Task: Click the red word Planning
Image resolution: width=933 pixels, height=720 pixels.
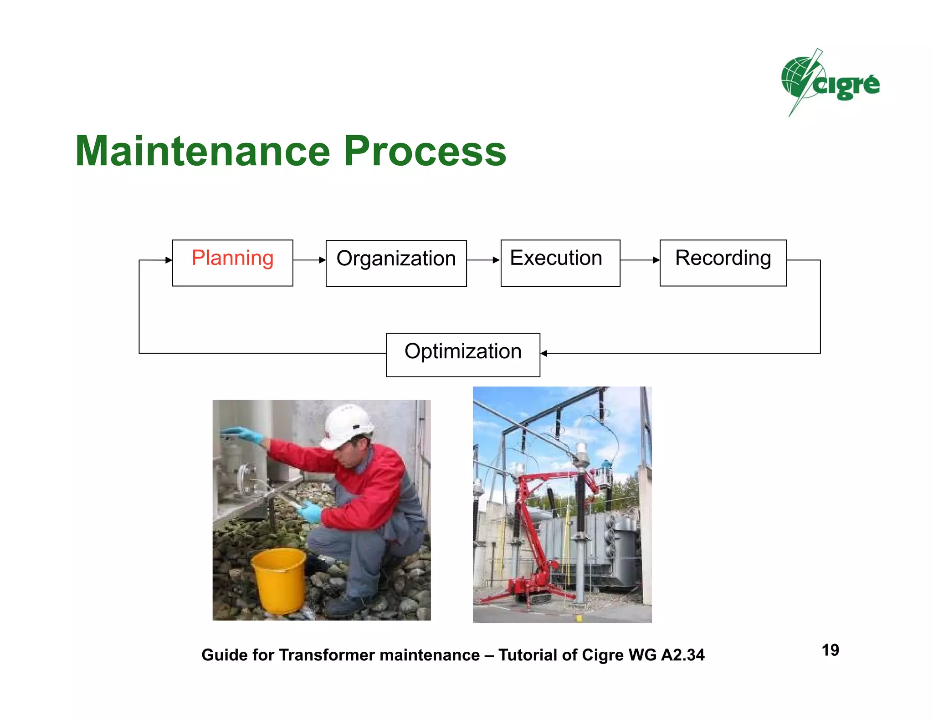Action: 232,258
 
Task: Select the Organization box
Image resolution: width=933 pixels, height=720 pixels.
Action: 396,264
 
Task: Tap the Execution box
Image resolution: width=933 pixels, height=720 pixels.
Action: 560,263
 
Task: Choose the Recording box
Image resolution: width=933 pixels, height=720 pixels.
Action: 723,263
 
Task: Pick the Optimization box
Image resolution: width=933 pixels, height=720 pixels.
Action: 463,355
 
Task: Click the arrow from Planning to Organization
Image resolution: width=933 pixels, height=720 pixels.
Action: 309,260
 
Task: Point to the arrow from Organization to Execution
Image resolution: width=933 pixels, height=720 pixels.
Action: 483,260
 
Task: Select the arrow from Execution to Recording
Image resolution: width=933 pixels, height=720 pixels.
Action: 640,260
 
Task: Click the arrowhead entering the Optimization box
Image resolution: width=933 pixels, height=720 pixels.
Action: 544,353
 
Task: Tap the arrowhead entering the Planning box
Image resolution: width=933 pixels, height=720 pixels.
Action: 169,260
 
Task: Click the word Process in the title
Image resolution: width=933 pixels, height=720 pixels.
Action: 425,151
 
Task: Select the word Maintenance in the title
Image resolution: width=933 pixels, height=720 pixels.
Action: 203,151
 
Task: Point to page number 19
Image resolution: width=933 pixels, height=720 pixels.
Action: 830,650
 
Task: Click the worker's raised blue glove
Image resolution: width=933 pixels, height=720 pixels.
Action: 244,434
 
